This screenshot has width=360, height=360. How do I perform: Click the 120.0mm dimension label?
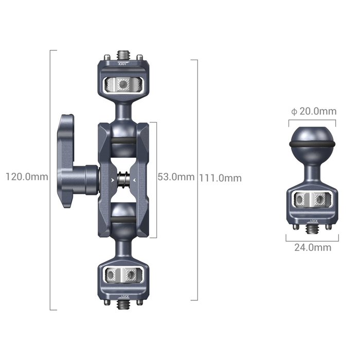coord(27,177)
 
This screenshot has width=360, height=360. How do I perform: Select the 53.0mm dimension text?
coord(176,177)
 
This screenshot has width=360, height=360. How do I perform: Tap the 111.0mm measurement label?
coord(221,178)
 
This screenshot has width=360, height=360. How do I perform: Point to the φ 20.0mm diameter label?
coord(313,112)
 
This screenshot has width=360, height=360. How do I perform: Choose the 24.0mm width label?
coord(313,247)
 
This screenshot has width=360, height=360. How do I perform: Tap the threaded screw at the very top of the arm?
coord(123,54)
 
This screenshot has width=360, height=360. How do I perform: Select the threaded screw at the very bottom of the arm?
coord(123,305)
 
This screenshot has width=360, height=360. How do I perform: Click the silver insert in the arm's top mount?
coord(123,84)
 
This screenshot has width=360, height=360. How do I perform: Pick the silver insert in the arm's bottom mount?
coord(123,275)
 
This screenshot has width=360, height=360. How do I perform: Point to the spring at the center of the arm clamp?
coord(123,180)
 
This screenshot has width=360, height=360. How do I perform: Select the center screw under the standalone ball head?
coord(313,227)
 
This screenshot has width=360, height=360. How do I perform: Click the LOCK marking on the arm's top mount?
coord(123,65)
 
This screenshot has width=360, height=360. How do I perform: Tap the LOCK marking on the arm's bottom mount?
coord(123,296)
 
